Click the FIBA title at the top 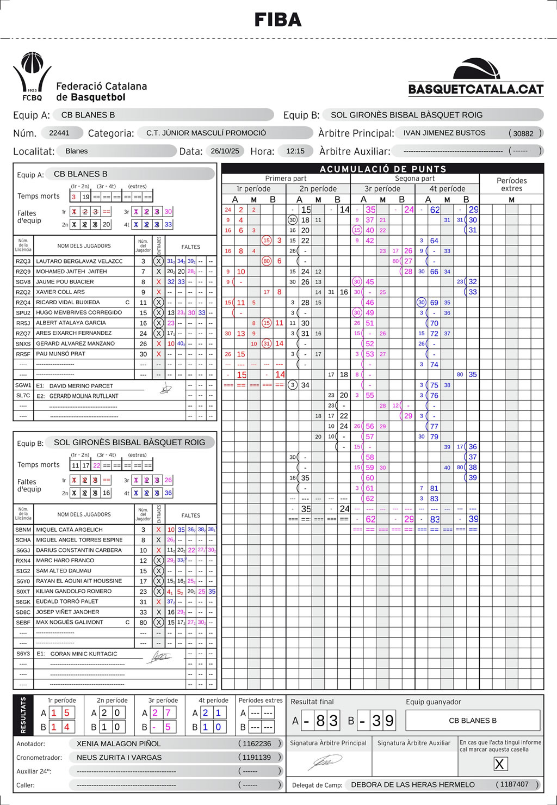(x=278, y=20)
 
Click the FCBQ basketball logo (x=32, y=76)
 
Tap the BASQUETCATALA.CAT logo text (x=476, y=89)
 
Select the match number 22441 (x=59, y=133)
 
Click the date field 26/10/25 (x=225, y=151)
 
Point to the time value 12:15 (x=295, y=151)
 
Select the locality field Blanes (x=77, y=151)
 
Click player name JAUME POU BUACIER (x=65, y=282)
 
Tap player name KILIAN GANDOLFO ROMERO (x=73, y=591)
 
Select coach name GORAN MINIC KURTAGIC (x=84, y=654)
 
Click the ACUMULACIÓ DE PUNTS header (x=382, y=169)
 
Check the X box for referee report (x=499, y=764)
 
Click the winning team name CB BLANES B (x=472, y=721)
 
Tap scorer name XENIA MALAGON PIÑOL (x=119, y=743)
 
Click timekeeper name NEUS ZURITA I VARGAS (x=119, y=758)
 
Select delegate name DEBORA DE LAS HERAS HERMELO (x=412, y=785)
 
